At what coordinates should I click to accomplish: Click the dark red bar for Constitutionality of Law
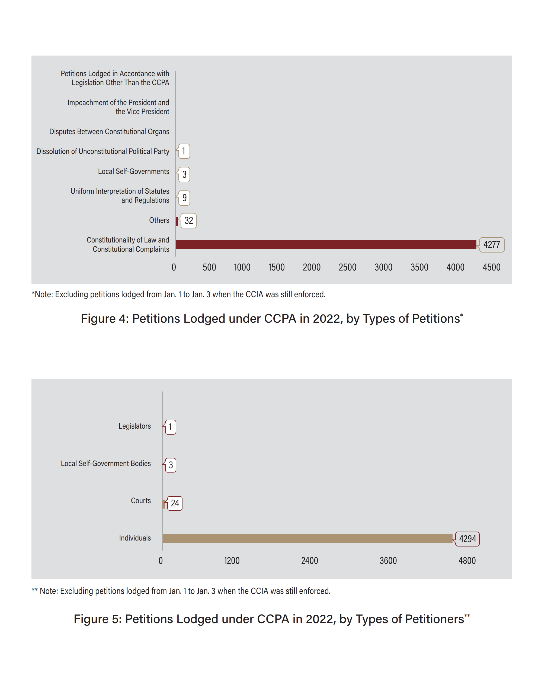[x=326, y=244]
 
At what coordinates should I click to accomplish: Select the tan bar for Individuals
[x=307, y=538]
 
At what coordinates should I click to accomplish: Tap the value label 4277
[x=491, y=245]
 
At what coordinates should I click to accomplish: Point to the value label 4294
[x=467, y=539]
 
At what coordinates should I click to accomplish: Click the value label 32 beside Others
[x=188, y=221]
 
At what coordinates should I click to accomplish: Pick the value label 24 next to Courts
[x=175, y=503]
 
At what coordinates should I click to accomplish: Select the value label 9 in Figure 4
[x=184, y=198]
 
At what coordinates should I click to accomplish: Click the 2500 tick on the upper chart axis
[x=347, y=267]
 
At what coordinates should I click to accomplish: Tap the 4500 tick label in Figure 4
[x=491, y=267]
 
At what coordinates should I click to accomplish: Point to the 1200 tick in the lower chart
[x=232, y=561]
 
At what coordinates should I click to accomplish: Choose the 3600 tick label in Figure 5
[x=388, y=561]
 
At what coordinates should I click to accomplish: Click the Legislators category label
[x=135, y=426]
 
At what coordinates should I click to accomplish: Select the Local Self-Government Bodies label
[x=106, y=463]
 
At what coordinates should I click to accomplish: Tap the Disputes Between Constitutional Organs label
[x=109, y=132]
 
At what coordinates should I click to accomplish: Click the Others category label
[x=159, y=220]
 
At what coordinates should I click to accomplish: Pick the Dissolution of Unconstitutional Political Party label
[x=103, y=151]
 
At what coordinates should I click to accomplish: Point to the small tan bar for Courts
[x=164, y=504]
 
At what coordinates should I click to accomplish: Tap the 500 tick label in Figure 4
[x=209, y=267]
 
